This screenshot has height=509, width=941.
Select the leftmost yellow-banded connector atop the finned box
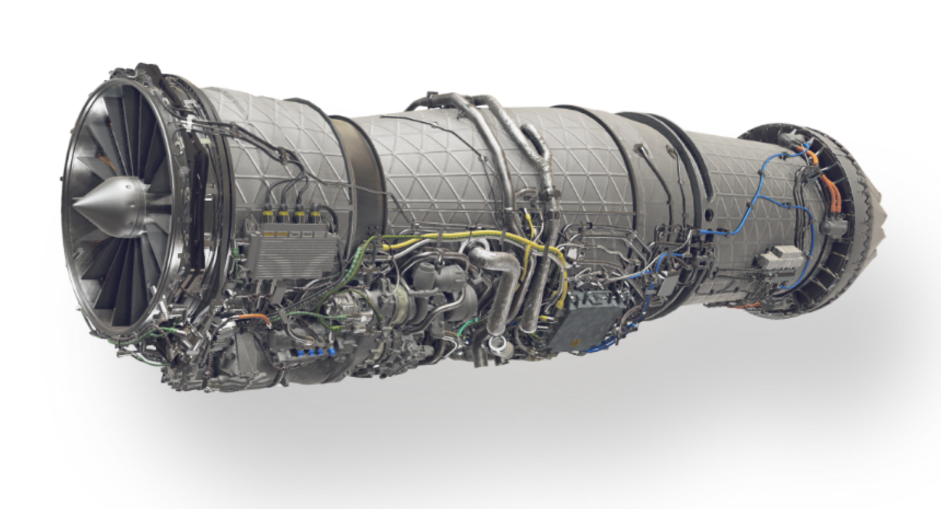pos(267,216)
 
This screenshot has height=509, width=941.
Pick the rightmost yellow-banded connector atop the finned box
pos(316,217)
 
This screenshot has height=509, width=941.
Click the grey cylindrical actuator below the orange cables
pos(834,228)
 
